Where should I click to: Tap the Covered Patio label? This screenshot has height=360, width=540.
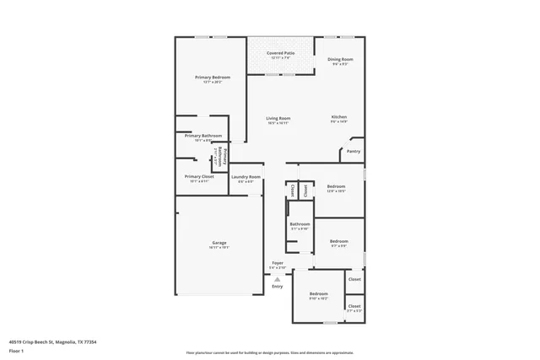tap(281, 53)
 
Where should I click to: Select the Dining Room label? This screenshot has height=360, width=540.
tap(341, 59)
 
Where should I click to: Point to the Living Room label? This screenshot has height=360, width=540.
tap(278, 118)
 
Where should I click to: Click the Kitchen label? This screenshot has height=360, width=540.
tap(339, 117)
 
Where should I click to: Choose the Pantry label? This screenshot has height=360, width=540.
tap(353, 152)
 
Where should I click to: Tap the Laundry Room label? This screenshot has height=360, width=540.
tap(246, 176)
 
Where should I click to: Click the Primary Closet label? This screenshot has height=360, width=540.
tap(199, 176)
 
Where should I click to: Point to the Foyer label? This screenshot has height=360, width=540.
tap(278, 263)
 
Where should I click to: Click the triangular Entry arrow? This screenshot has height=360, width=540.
tap(278, 278)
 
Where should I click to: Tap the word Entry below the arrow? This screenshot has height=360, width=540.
tap(278, 287)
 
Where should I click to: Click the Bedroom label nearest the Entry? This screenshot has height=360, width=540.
tap(318, 293)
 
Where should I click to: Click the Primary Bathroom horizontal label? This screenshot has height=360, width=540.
tap(203, 136)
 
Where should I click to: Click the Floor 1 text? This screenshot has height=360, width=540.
tap(17, 350)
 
